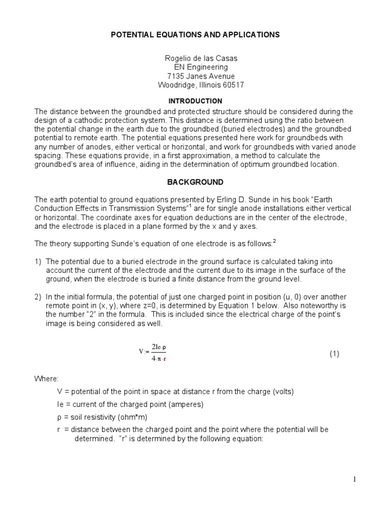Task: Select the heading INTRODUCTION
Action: coord(195,101)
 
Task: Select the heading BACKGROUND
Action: coord(195,182)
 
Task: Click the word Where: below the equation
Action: coord(46,379)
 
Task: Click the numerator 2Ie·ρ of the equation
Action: coord(159,347)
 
